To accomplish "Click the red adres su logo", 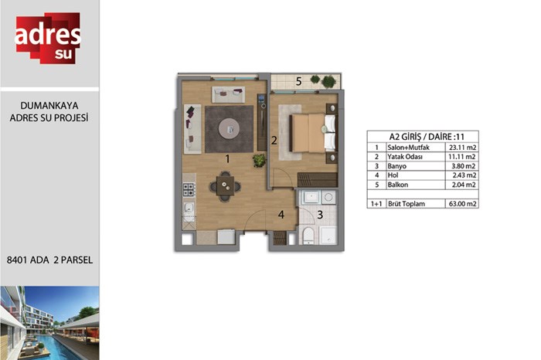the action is point(48,38).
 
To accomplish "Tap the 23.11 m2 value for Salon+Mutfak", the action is point(462,148).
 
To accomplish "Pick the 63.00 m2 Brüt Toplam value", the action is point(462,204).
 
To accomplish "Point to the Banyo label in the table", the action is point(396,166).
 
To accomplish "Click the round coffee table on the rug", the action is point(229,129).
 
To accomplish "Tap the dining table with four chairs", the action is point(226,186).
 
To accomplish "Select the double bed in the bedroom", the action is point(312,133).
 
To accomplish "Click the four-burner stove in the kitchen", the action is point(189,189).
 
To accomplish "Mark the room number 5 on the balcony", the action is point(299,81).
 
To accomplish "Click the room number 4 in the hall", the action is point(281,215).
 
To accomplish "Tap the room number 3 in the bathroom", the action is point(320,215).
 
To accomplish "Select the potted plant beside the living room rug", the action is point(259,161).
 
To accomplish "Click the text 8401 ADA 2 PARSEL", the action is point(49,260).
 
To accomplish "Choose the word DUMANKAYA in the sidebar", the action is point(49,106).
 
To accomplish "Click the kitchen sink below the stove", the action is point(189,210).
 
